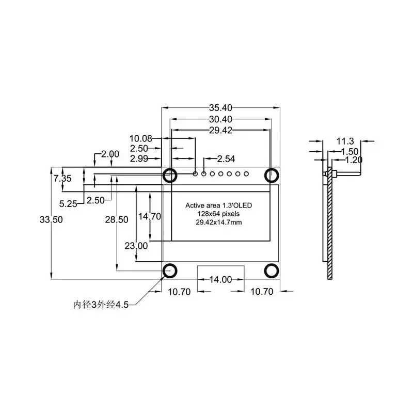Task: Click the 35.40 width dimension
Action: [220, 108]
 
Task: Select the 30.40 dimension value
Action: [220, 119]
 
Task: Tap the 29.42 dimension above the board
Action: [220, 131]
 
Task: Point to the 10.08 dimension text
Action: [141, 138]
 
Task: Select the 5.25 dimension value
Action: [68, 203]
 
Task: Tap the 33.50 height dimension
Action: [51, 219]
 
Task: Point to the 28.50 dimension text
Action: [117, 219]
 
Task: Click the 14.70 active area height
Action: [149, 216]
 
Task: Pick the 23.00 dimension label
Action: [136, 245]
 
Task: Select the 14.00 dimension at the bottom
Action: [220, 280]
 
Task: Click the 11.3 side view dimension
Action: [345, 141]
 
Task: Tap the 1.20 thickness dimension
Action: [354, 160]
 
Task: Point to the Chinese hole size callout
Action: [100, 305]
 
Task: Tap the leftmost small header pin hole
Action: [196, 173]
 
